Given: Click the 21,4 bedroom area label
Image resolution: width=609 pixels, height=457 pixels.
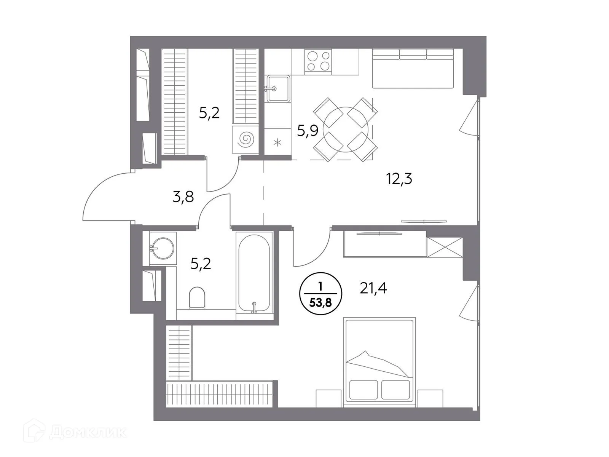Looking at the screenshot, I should [x=373, y=289].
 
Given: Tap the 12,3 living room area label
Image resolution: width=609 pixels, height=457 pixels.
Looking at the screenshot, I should [x=399, y=178].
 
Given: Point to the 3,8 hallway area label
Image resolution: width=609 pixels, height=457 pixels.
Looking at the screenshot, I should [x=183, y=197].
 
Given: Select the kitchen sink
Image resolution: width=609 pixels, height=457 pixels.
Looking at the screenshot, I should [x=278, y=89].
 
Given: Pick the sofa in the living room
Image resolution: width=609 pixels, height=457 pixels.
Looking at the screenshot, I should [x=413, y=69].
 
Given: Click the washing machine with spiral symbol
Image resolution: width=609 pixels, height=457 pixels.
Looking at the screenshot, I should [x=245, y=140].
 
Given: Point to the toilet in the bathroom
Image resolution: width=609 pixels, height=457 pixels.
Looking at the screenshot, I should [x=197, y=297].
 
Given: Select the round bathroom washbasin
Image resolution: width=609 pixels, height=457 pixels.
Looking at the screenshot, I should [x=163, y=248].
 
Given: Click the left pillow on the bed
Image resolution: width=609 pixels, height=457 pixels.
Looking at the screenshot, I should [x=363, y=390].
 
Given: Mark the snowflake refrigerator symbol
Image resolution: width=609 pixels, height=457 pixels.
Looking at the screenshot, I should [x=277, y=143].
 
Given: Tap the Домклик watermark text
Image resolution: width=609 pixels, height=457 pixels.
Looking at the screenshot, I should [x=88, y=432].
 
